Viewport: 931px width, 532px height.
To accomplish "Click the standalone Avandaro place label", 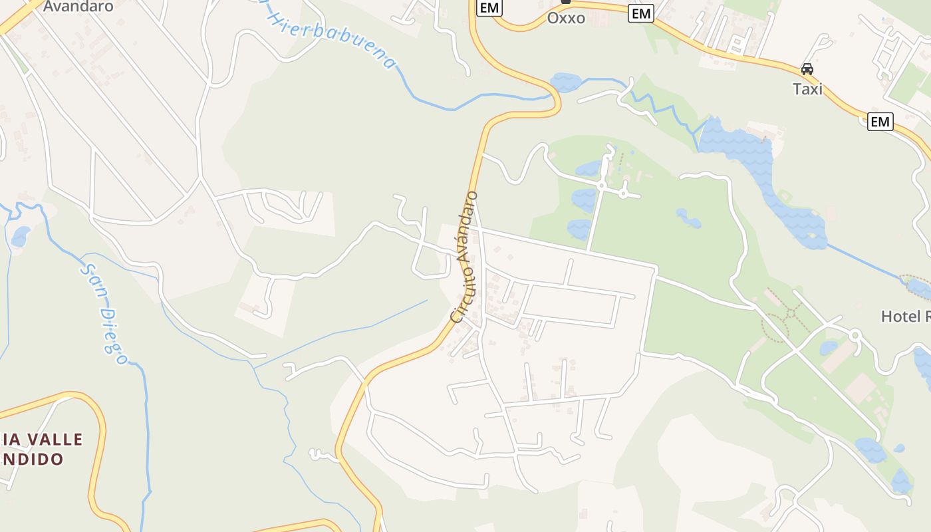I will point(78,7).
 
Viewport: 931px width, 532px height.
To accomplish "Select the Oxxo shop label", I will point(566,18).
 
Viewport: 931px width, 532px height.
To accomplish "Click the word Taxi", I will point(807,89).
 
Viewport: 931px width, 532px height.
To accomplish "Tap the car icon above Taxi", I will point(807,68).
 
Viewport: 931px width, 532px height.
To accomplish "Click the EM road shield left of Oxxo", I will point(489,8).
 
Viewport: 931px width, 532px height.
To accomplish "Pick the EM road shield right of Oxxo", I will point(642,13).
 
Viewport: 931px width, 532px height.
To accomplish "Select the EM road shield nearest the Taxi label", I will point(880,122).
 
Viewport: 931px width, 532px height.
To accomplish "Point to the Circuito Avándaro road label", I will point(464,257).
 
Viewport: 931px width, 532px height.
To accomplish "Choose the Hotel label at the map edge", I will point(904,317).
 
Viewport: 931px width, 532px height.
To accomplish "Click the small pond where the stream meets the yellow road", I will point(566,82).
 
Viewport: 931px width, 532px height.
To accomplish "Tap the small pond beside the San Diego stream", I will point(21,236).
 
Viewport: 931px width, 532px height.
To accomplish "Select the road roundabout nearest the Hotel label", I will point(855,336).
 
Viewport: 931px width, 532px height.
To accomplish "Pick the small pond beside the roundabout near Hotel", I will point(829,348).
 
